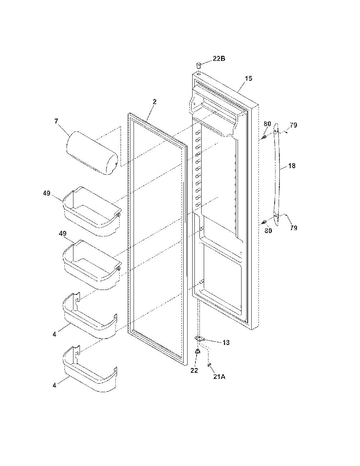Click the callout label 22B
[219, 59]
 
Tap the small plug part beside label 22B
[199, 64]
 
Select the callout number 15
[248, 79]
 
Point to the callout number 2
[154, 102]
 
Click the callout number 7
[56, 121]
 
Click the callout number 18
[292, 166]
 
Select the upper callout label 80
[267, 124]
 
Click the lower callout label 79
[293, 228]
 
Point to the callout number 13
[226, 342]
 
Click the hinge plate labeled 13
[199, 339]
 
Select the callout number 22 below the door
[194, 370]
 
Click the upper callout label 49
[46, 193]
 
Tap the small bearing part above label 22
[198, 351]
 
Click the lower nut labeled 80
[265, 221]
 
